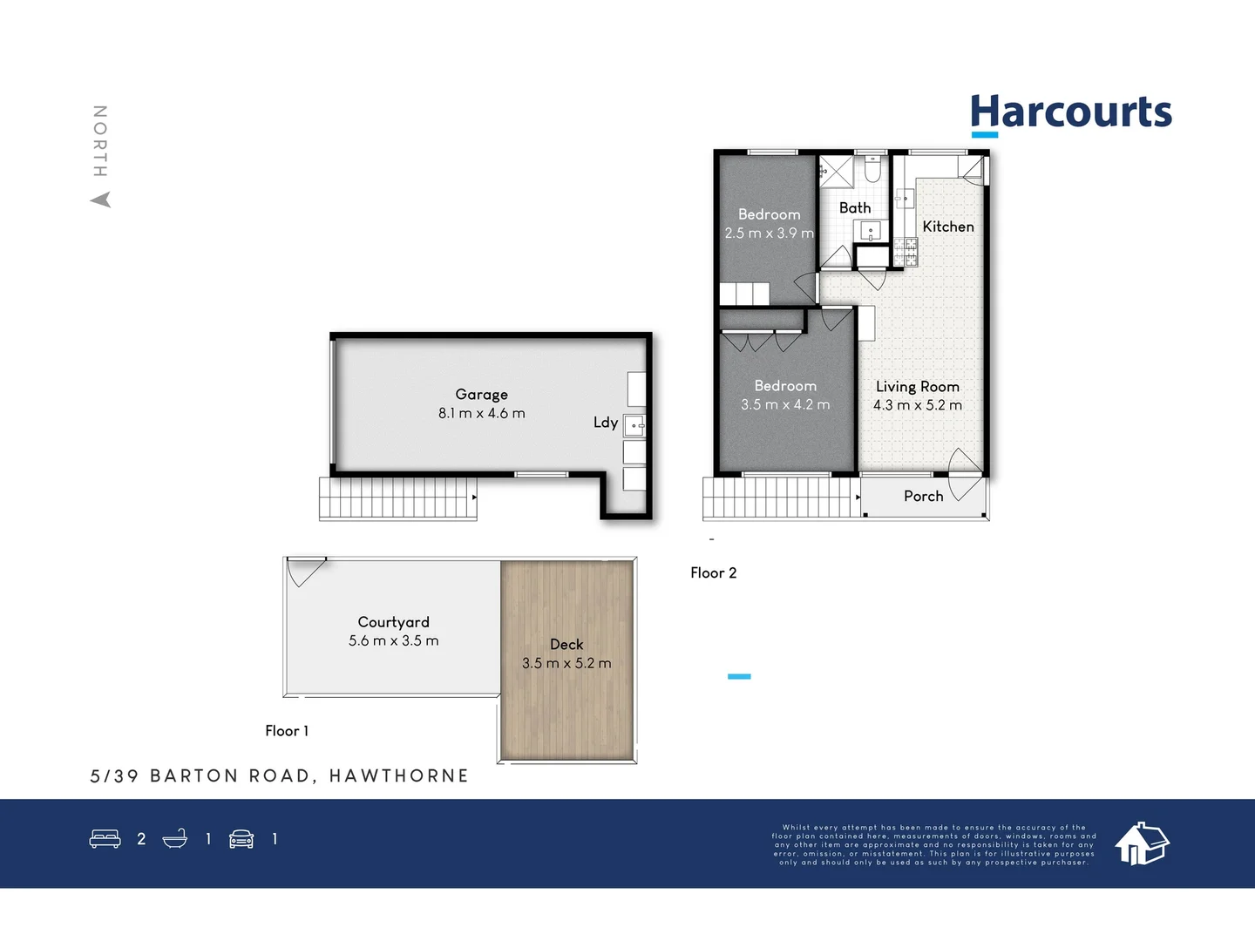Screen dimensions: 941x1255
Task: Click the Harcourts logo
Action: coord(1070,114)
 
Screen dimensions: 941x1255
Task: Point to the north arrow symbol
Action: coord(101,200)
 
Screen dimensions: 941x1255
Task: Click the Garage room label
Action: coord(481,395)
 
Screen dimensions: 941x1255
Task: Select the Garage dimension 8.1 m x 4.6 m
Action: coord(481,414)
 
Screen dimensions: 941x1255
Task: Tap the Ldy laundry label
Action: coord(605,423)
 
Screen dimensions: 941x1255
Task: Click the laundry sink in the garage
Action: coord(634,426)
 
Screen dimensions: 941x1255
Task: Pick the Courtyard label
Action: coord(393,622)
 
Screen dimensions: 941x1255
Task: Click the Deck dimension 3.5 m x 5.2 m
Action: coord(566,663)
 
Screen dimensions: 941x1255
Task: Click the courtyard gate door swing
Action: coord(306,571)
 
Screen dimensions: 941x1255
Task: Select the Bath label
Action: coord(854,208)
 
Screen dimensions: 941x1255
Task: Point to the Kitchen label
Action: coord(947,227)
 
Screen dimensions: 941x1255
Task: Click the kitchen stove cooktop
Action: coord(906,251)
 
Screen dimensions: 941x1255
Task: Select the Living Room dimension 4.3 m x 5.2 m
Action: coord(917,405)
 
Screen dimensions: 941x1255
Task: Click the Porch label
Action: coord(923,496)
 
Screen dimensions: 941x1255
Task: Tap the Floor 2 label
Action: coord(713,572)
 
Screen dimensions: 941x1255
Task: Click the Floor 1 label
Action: coord(287,731)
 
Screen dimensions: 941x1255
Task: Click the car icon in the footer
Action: coord(241,839)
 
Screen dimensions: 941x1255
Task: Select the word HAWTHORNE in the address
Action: coord(398,775)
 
